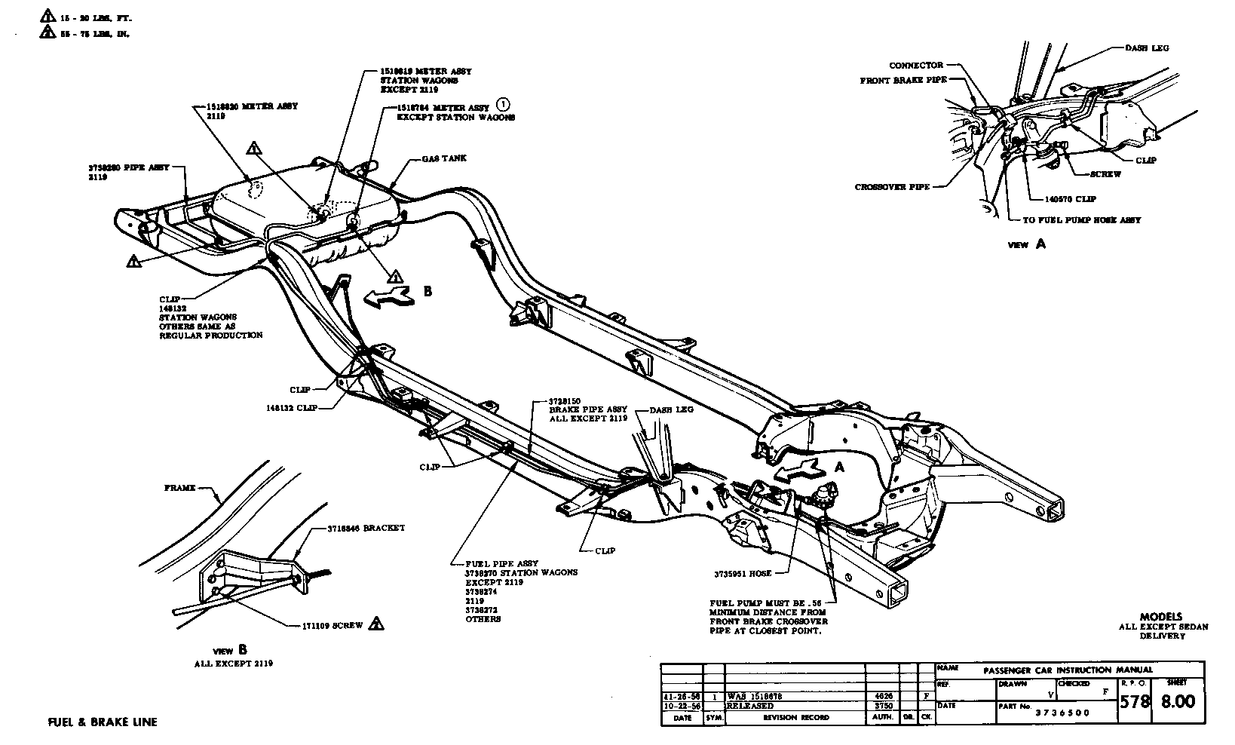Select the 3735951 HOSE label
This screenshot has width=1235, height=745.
click(743, 574)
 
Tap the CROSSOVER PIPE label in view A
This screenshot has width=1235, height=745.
click(892, 187)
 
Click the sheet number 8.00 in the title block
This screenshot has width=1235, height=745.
click(1177, 701)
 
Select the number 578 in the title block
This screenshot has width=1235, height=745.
click(1135, 701)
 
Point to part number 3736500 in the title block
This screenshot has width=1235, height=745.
click(1064, 713)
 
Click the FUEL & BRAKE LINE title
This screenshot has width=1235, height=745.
click(103, 722)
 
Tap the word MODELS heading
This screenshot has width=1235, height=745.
click(1161, 616)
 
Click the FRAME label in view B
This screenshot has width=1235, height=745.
click(179, 488)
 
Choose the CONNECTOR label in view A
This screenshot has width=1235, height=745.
click(915, 66)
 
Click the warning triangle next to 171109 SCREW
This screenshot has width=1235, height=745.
click(377, 624)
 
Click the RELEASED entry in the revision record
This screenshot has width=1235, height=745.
click(751, 706)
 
